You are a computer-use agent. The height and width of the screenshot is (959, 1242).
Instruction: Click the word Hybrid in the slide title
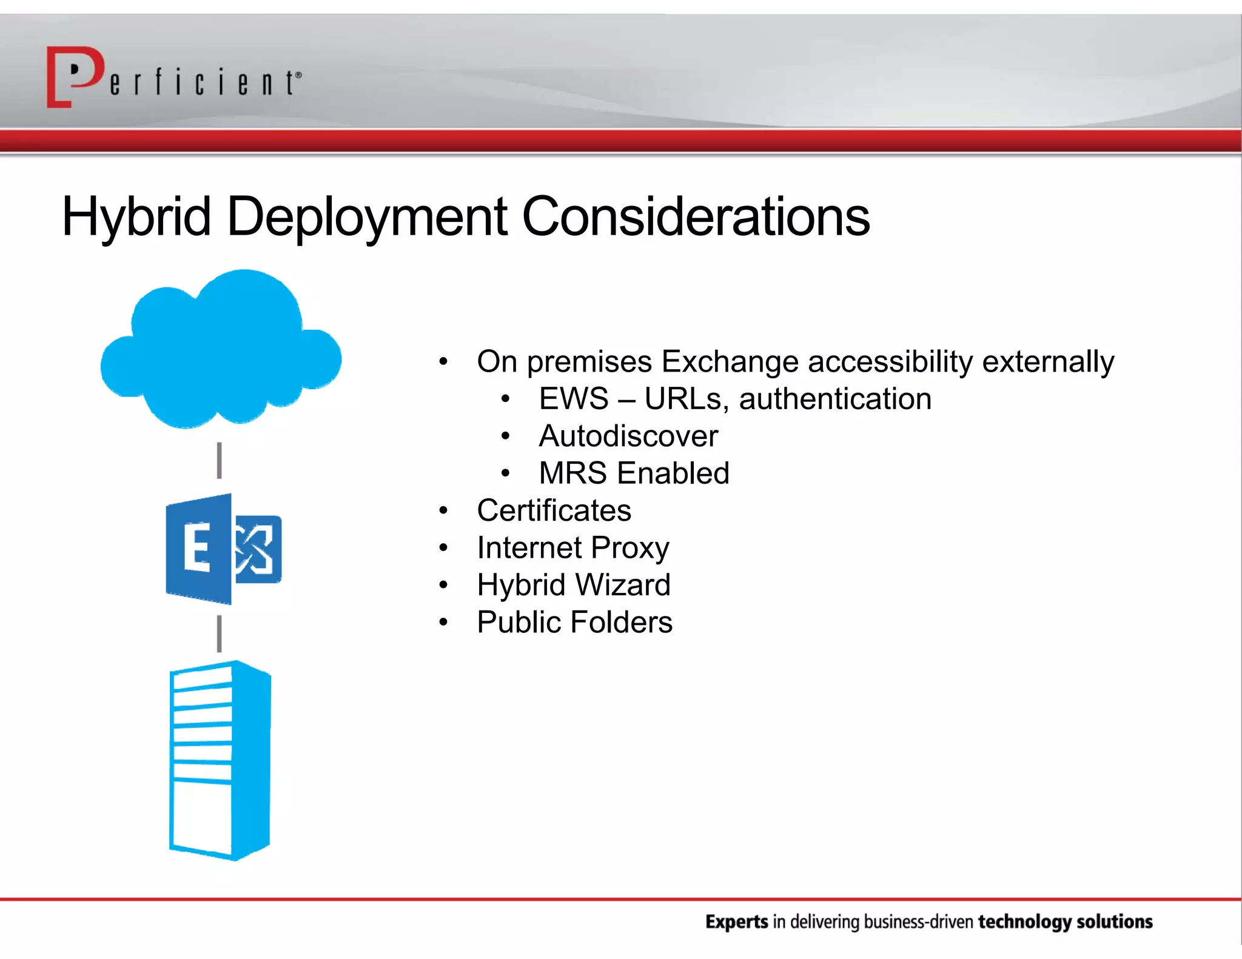(x=136, y=217)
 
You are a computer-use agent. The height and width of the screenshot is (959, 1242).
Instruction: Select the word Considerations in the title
(x=696, y=217)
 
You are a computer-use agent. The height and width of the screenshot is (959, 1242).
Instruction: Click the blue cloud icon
(x=221, y=352)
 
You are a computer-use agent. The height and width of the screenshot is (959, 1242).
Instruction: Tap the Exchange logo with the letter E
(x=223, y=549)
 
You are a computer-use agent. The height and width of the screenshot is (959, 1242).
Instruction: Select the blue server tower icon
(x=220, y=761)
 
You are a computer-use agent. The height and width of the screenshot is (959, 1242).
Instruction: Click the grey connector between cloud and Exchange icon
(x=219, y=460)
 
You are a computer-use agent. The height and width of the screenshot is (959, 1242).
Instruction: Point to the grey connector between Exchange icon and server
(x=219, y=633)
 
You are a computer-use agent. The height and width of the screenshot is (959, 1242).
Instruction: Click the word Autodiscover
(x=628, y=436)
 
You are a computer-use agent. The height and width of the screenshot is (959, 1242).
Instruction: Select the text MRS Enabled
(x=634, y=473)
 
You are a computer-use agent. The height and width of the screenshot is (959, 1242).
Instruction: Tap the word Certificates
(x=554, y=510)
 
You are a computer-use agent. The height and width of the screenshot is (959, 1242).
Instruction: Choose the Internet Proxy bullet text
(x=572, y=548)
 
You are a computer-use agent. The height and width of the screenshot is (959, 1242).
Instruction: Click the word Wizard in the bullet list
(x=622, y=585)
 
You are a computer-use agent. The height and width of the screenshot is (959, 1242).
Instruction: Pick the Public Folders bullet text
(x=574, y=623)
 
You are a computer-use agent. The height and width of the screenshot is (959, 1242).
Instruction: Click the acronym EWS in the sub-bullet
(x=573, y=399)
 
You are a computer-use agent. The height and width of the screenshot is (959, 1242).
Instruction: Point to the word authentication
(x=835, y=399)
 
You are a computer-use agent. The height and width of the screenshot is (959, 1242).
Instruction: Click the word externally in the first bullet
(x=1048, y=362)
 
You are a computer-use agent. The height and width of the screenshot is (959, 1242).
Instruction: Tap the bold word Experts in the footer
(x=736, y=921)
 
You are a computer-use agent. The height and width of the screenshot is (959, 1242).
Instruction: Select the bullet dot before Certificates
(x=443, y=511)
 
